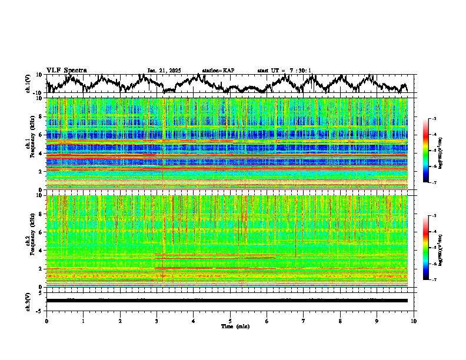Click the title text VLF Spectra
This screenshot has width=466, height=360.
tap(66, 70)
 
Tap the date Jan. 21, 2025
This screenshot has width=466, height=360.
tap(164, 71)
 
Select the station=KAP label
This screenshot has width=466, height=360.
tap(218, 71)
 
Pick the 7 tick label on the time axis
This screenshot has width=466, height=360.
tap(304, 321)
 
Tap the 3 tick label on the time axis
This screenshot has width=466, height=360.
tap(157, 321)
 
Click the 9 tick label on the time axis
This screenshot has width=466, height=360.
tap(377, 321)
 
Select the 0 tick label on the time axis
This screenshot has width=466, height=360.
tap(46, 321)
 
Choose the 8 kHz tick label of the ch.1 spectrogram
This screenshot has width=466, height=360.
tap(39, 116)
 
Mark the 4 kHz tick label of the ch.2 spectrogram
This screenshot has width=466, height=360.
tap(39, 250)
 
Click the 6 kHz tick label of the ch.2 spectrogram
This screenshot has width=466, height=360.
tap(39, 232)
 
